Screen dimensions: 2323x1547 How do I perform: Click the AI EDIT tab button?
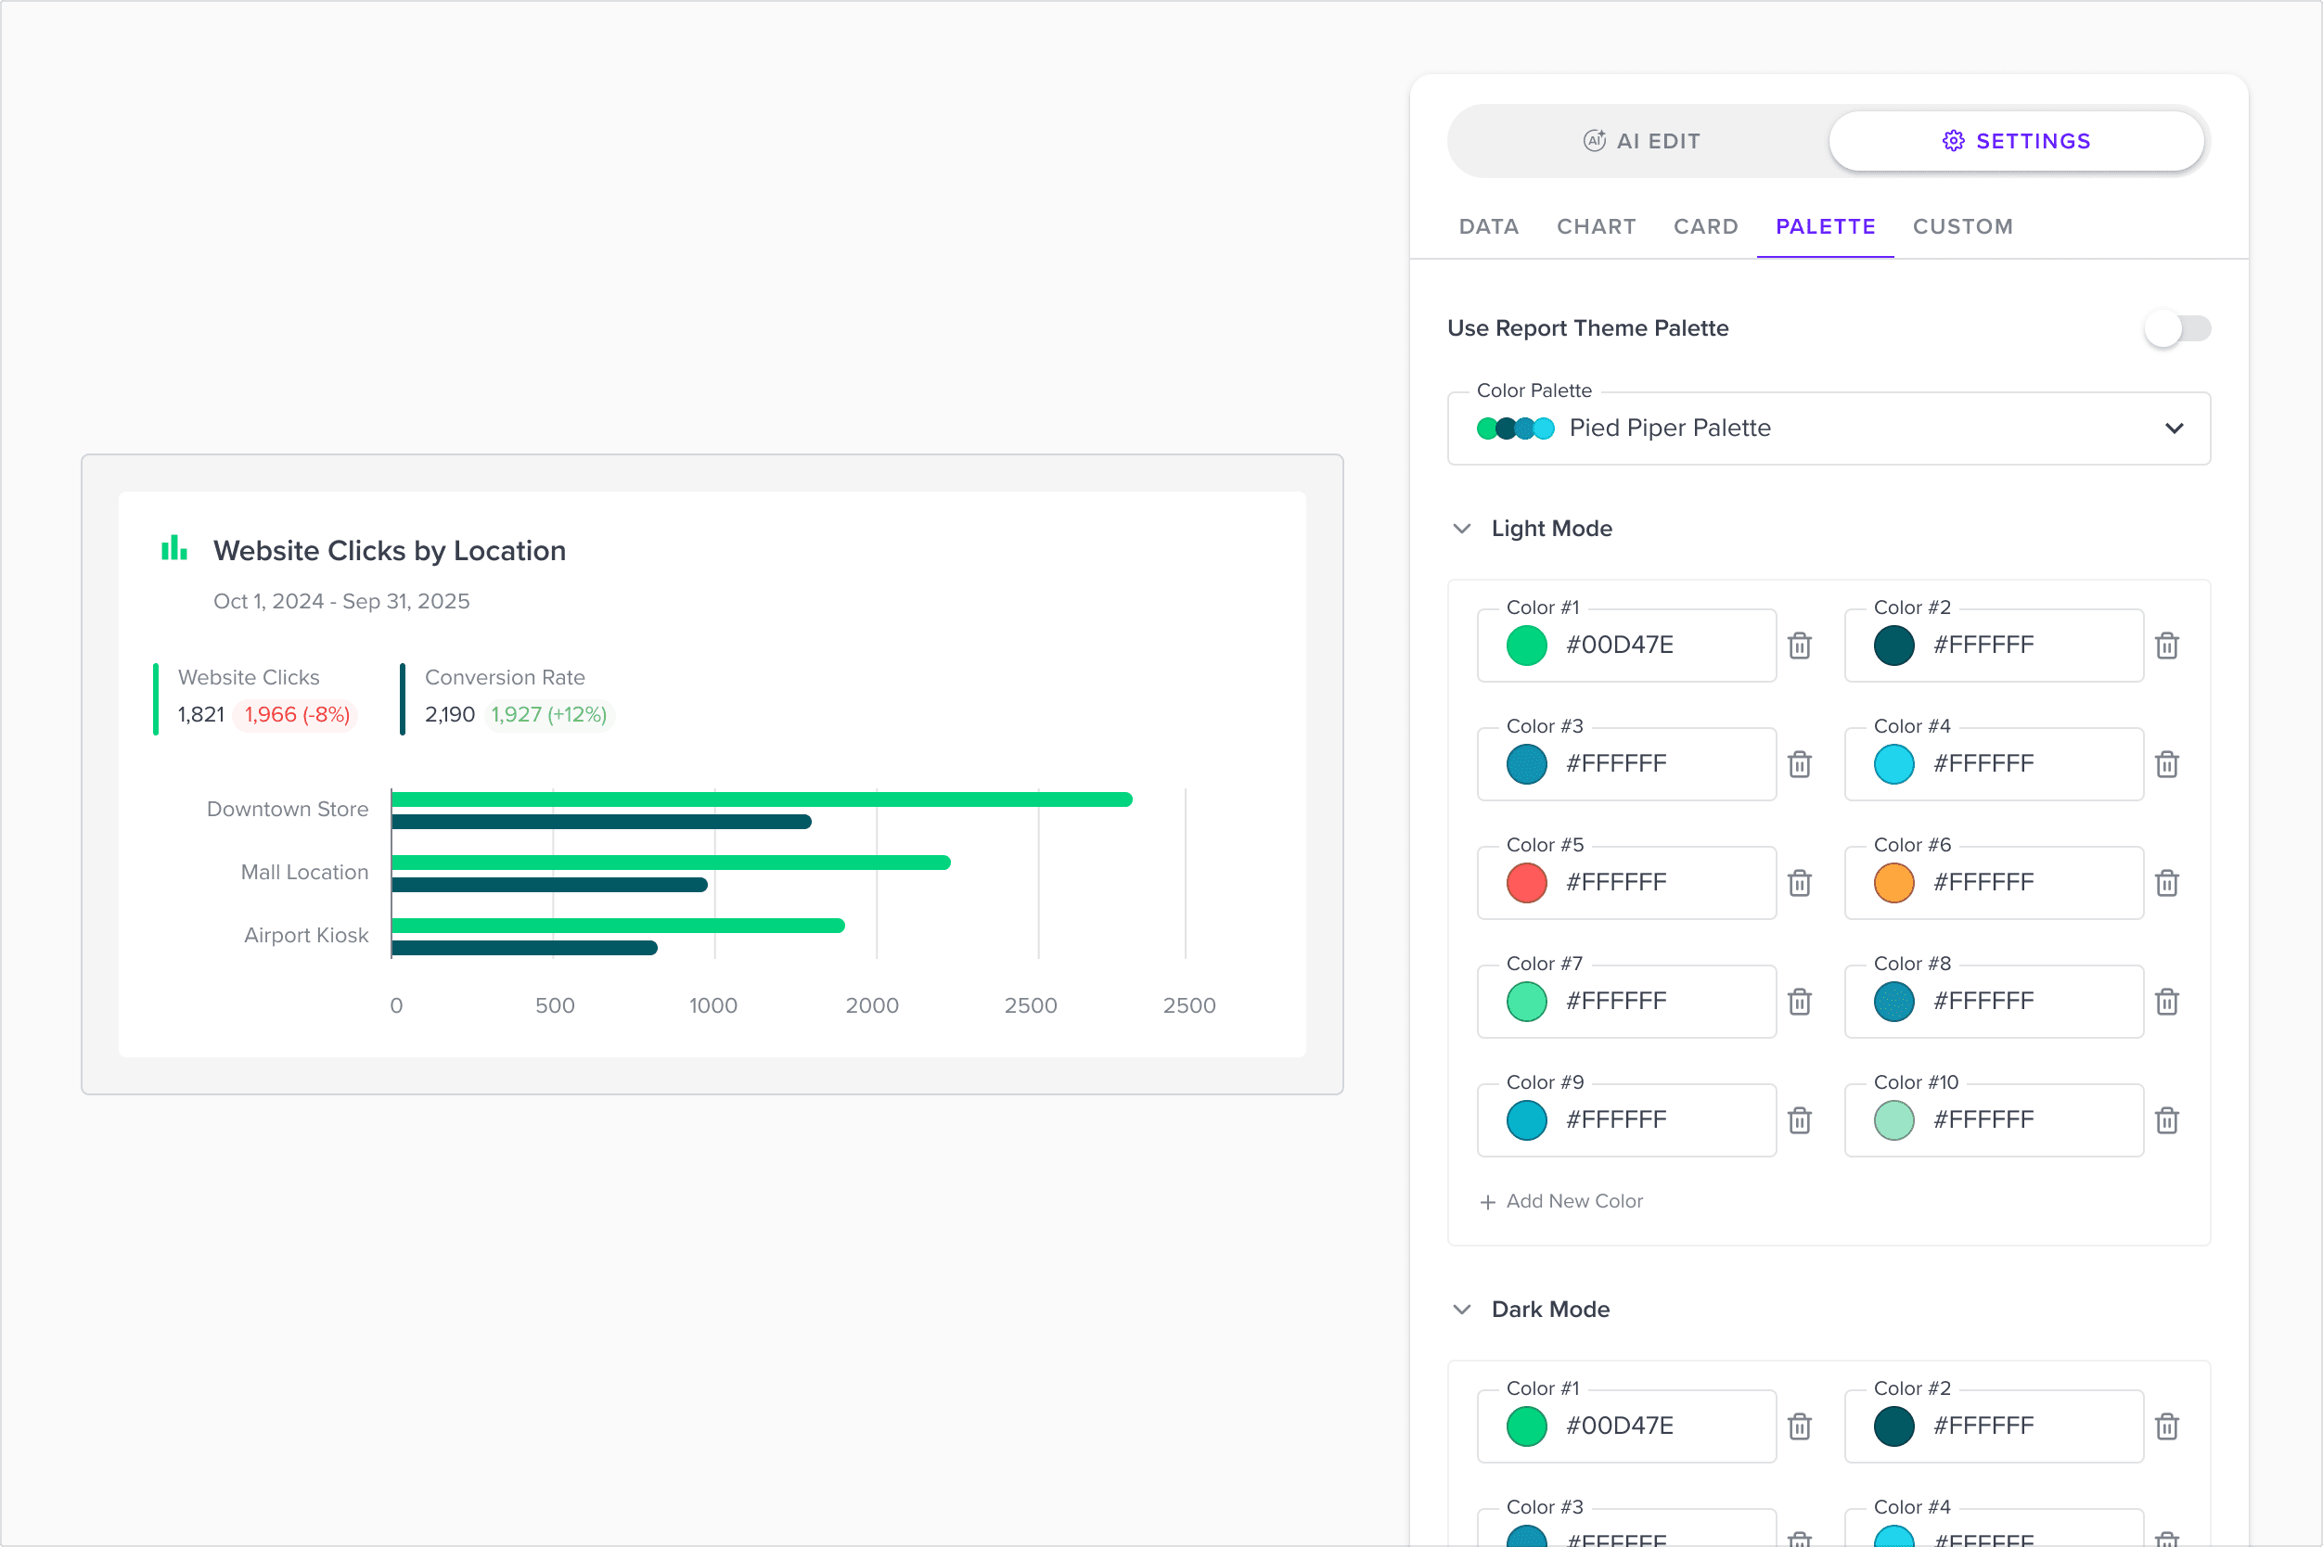tap(1641, 141)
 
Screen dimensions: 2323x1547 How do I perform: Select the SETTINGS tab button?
tap(2016, 141)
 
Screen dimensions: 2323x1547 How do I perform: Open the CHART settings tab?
tap(1596, 227)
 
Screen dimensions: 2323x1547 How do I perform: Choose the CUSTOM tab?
tap(1962, 227)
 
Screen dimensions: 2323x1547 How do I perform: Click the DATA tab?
tap(1488, 227)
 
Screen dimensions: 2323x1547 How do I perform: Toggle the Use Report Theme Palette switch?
tap(2177, 328)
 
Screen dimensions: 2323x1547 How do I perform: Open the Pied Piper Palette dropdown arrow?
tap(2174, 428)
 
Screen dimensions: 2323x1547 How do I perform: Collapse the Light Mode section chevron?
tap(1462, 529)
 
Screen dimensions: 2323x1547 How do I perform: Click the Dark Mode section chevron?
tap(1462, 1310)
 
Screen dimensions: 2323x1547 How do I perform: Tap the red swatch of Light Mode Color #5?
tap(1527, 883)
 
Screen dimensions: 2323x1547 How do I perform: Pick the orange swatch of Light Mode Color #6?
tap(1893, 883)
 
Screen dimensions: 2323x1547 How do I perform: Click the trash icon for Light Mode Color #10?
tap(2167, 1120)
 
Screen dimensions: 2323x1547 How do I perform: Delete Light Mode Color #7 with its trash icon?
tap(1800, 1002)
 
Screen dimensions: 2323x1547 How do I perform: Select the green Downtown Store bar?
tap(762, 799)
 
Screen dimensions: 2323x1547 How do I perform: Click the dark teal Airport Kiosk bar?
tap(525, 948)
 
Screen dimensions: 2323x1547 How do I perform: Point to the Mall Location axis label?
tap(305, 872)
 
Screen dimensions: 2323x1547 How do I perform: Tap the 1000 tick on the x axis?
tap(713, 1005)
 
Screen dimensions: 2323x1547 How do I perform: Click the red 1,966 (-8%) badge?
tap(297, 714)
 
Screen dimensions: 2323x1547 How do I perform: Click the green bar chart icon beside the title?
tap(174, 548)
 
